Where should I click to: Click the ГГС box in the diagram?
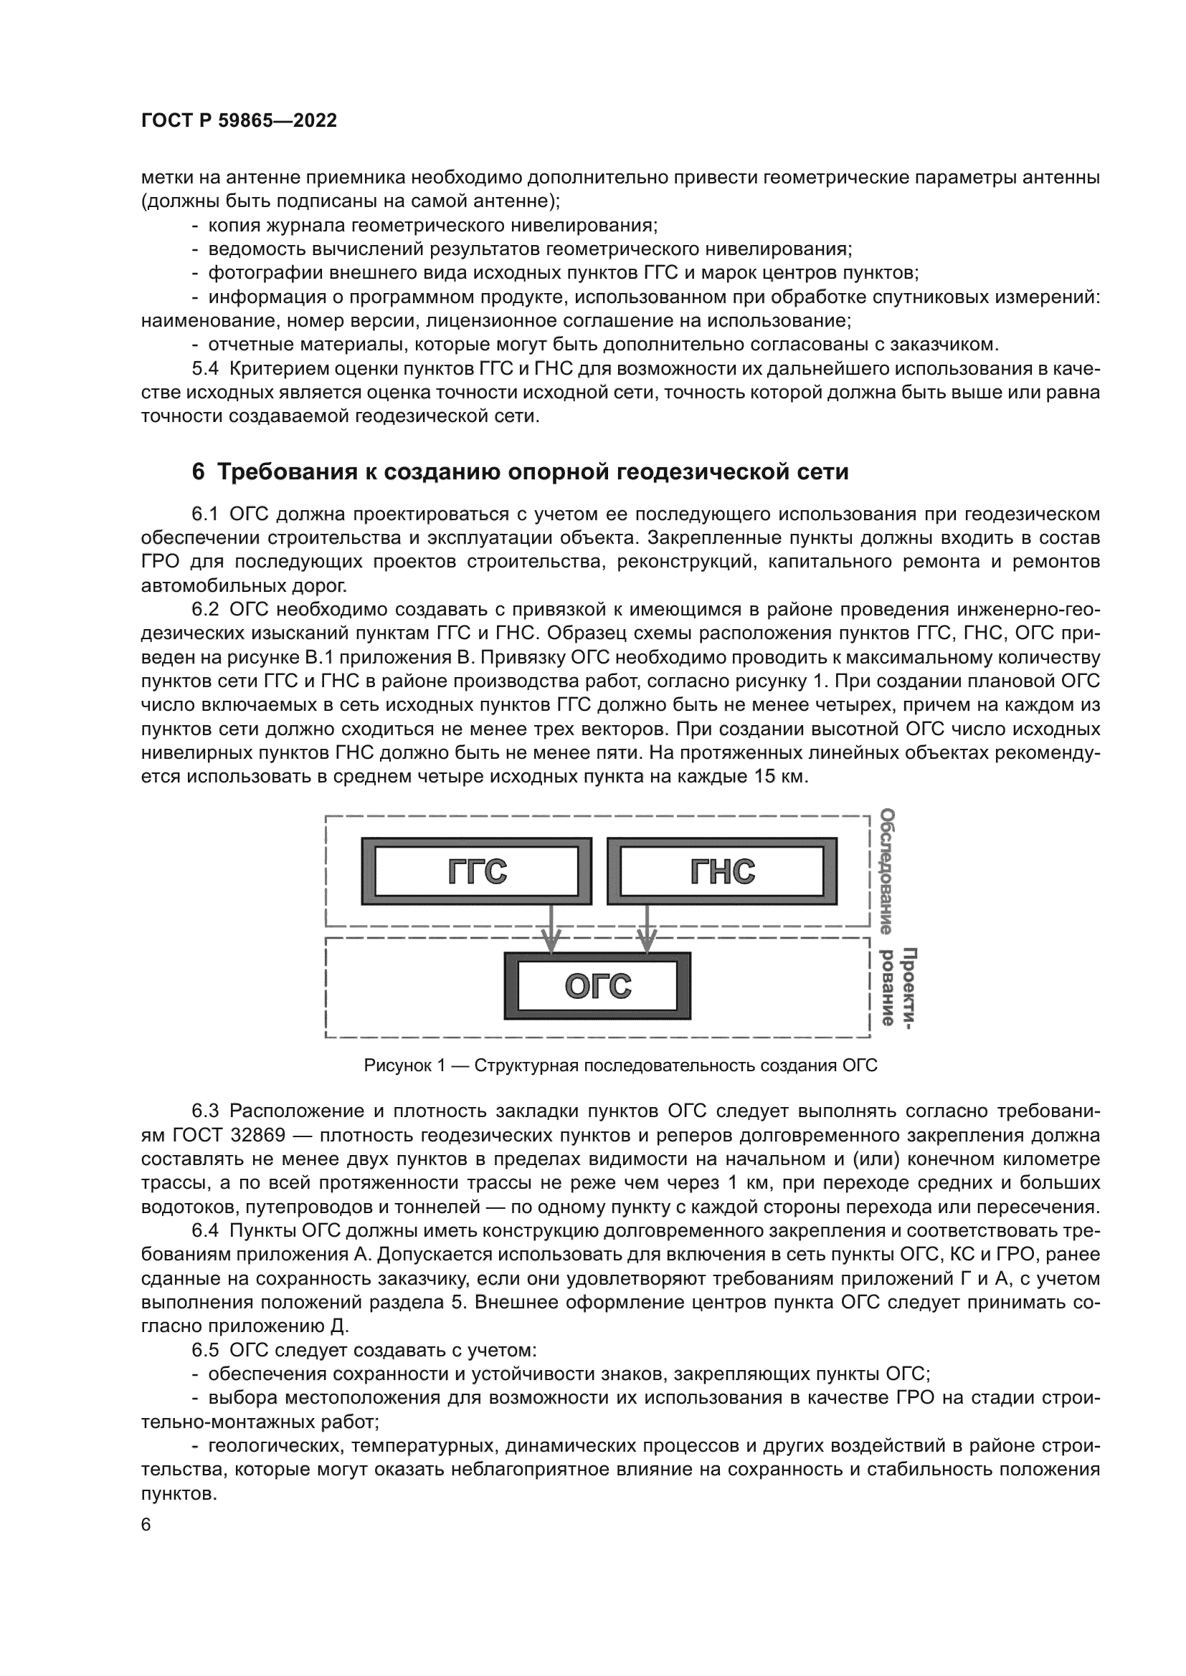tap(476, 871)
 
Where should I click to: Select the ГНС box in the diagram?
tap(721, 871)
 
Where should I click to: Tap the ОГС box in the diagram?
tap(597, 985)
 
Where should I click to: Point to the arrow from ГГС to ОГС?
tap(551, 927)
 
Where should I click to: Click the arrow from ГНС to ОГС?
tap(647, 927)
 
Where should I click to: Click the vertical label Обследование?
tap(886, 871)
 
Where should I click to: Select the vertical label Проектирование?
tap(898, 986)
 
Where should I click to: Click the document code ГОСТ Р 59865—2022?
tap(239, 121)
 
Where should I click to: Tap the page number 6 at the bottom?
tap(146, 1525)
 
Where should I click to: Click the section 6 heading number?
tap(198, 472)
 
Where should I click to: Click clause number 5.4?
tap(205, 368)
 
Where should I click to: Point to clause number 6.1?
tap(205, 514)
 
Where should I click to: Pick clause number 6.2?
tap(205, 610)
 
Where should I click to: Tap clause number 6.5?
tap(205, 1351)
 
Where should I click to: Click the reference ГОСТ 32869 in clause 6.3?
tap(239, 1135)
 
